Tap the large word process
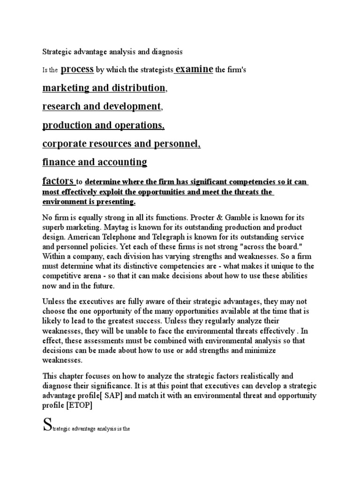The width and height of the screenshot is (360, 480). tap(77, 69)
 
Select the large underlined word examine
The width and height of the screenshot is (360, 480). tap(194, 69)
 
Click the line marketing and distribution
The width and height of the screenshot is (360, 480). tap(104, 88)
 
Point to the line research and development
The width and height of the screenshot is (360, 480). tap(101, 106)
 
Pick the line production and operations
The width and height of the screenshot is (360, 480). tap(103, 125)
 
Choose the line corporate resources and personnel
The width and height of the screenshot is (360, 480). tap(121, 144)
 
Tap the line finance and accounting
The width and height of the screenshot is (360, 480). tap(94, 162)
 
